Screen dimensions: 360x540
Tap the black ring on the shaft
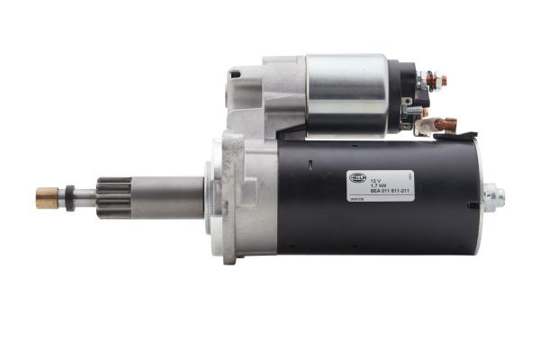click(69, 197)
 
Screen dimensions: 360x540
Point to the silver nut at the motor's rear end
click(492, 196)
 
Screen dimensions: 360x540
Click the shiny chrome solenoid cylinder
click(346, 94)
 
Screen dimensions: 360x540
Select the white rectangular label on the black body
click(381, 184)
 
